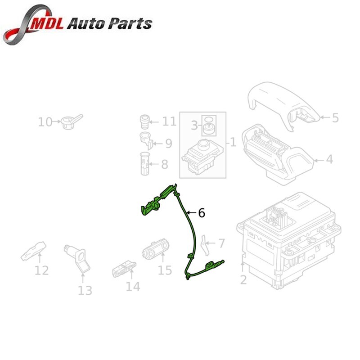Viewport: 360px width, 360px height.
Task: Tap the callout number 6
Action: [x=201, y=212]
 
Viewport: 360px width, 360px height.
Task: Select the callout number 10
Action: [x=45, y=121]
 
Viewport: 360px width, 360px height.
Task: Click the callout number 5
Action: [x=335, y=118]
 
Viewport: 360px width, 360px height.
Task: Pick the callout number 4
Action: [x=329, y=159]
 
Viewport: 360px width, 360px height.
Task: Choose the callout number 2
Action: [x=243, y=280]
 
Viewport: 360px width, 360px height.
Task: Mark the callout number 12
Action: [x=41, y=270]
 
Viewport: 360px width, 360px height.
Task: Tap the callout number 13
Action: [x=85, y=290]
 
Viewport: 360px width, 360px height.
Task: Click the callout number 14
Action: [x=133, y=286]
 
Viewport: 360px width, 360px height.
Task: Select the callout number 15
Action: [x=165, y=270]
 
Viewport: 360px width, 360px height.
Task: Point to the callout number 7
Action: [x=221, y=243]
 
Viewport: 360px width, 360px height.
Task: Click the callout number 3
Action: [x=194, y=126]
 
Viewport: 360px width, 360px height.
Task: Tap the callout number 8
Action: [x=164, y=164]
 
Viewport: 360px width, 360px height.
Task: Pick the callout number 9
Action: [x=168, y=144]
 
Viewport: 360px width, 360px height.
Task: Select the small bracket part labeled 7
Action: [x=204, y=243]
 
